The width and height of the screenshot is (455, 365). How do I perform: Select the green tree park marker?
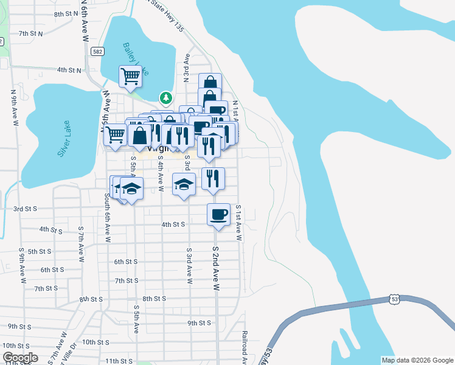(x=165, y=97)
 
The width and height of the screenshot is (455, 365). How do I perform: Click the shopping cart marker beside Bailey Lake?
(x=130, y=77)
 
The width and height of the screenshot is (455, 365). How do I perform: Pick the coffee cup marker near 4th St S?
(x=218, y=214)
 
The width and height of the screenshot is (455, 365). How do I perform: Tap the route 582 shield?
(x=97, y=52)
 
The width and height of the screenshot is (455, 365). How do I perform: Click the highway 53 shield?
(x=394, y=299)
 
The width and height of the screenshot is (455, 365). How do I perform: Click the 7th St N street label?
(x=31, y=33)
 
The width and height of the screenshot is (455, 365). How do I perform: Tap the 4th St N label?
(x=69, y=71)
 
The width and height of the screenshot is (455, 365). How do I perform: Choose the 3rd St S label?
(x=26, y=209)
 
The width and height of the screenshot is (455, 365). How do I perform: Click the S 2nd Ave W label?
(x=215, y=268)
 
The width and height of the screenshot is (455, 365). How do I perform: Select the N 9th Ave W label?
(x=13, y=108)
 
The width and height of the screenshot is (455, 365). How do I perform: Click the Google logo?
(x=20, y=358)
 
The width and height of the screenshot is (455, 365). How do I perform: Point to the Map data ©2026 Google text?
(x=417, y=360)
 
